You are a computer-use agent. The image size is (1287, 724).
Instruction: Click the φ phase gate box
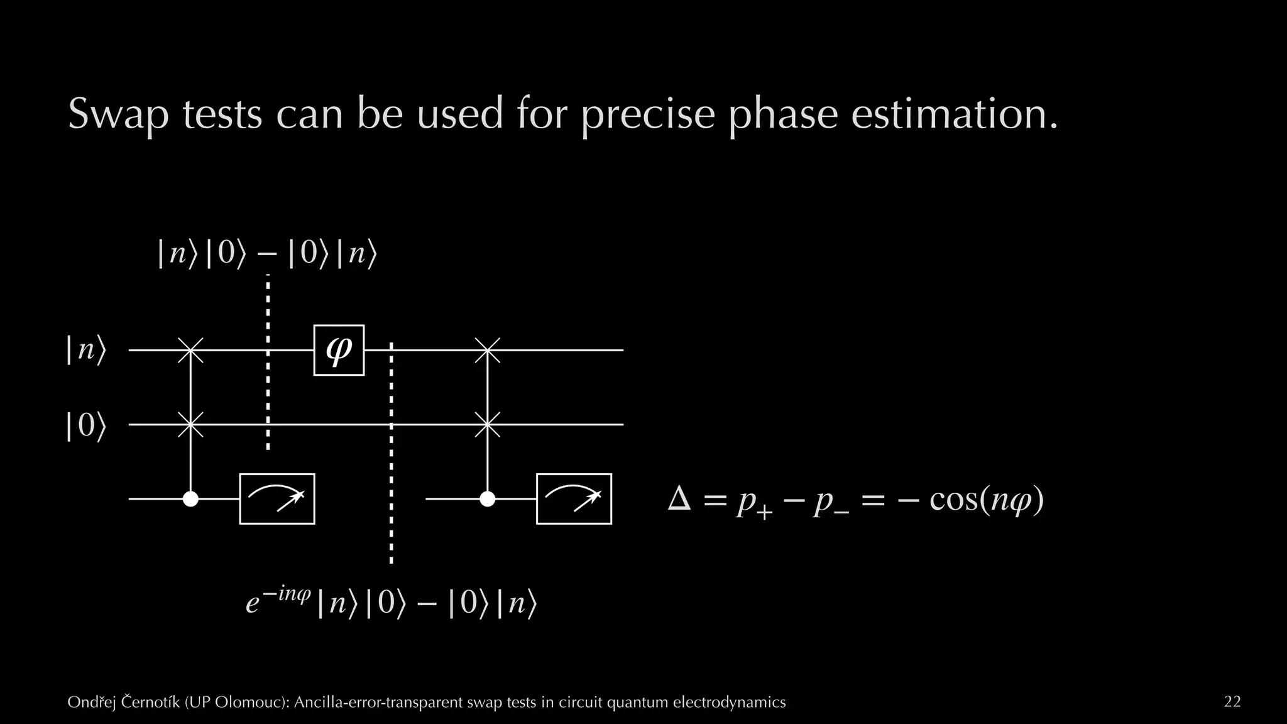coord(339,350)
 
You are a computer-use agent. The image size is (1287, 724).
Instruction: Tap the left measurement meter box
coord(277,498)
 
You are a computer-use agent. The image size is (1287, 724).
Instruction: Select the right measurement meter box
coord(574,498)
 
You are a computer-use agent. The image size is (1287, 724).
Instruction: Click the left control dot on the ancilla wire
coord(190,499)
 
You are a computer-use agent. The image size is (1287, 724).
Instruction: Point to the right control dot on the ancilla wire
coord(487,499)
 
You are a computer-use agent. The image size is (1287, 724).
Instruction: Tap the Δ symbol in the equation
coord(679,500)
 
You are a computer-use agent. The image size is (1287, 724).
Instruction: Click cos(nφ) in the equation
coord(986,500)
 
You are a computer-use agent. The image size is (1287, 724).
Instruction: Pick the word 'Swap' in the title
coord(118,114)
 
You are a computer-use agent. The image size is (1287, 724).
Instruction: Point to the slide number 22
coord(1232,701)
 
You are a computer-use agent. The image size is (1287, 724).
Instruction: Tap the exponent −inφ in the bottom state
coord(287,593)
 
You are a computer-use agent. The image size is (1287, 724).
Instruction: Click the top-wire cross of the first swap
coord(190,350)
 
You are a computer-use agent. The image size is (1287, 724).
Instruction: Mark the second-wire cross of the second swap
coord(487,425)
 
